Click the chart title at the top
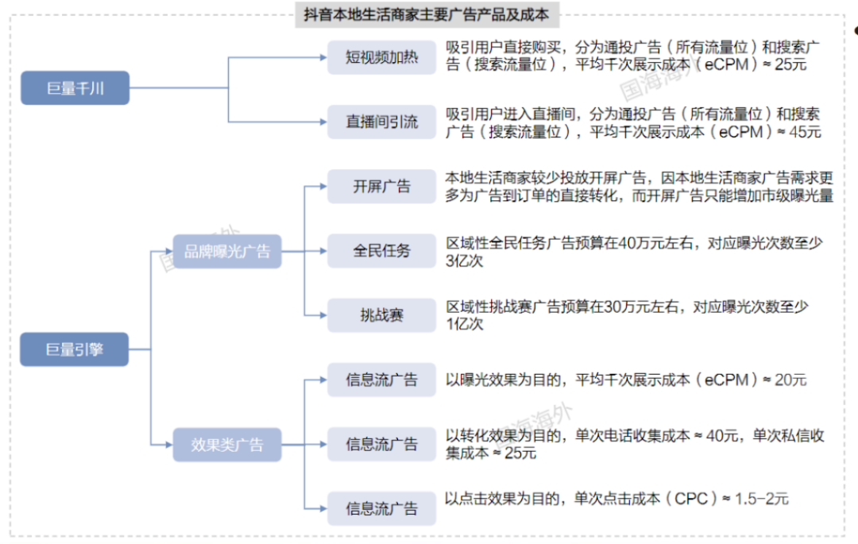point(427,14)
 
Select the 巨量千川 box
point(75,88)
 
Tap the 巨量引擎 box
point(75,349)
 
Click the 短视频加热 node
point(381,57)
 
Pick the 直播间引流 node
point(381,122)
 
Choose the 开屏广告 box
point(381,187)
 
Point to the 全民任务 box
point(381,251)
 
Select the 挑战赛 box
point(381,315)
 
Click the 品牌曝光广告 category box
point(227,252)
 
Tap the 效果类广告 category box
point(227,445)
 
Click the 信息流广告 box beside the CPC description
point(381,508)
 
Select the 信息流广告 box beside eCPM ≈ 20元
point(381,380)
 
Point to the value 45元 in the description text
point(805,132)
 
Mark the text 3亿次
point(465,260)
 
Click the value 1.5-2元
point(761,499)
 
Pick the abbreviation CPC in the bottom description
point(691,499)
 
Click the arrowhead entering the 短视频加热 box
point(324,57)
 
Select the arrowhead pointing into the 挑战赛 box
point(324,315)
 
